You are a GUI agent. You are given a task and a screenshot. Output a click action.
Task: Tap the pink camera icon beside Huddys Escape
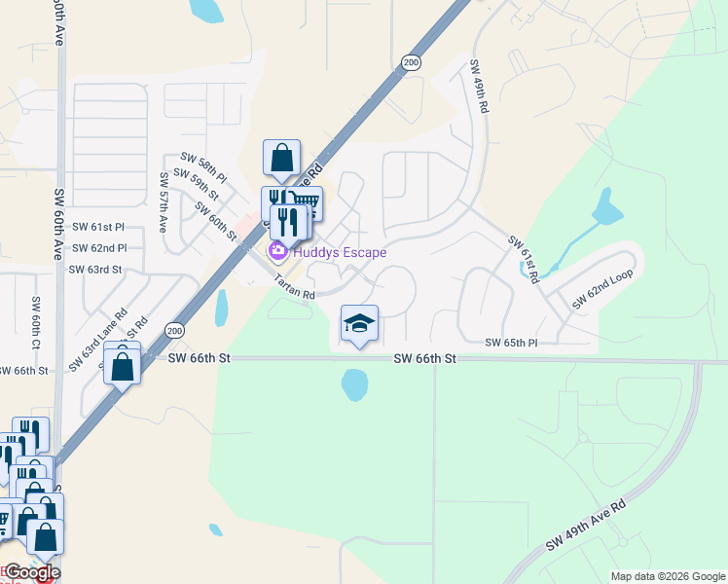pos(277,252)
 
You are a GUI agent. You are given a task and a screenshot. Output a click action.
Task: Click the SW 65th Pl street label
pos(512,343)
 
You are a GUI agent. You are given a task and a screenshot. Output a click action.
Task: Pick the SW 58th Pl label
pos(203,166)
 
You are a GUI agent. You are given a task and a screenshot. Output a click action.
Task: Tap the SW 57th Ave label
pos(164,202)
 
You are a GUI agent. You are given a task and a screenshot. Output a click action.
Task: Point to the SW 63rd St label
pos(95,269)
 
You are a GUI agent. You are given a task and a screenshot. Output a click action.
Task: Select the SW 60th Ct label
pos(36,324)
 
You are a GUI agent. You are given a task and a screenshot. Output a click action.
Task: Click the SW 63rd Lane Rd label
pos(98,339)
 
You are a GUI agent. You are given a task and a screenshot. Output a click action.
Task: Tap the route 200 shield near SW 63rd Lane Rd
pos(174,331)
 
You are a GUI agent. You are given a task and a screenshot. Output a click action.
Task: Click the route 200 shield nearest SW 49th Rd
pos(410,62)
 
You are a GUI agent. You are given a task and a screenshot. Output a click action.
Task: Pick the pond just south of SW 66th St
pos(354,385)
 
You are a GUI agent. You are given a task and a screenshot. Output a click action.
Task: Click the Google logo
pos(31,572)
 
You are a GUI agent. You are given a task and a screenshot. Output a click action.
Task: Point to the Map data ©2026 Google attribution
pos(667,576)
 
